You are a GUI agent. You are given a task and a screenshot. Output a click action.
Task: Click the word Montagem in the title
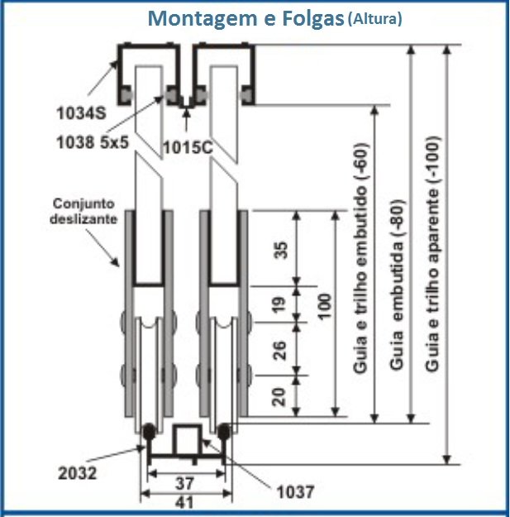[202, 19]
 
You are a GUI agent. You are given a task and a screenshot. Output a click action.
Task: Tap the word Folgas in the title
[313, 19]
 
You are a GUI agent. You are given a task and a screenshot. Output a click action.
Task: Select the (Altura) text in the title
[375, 19]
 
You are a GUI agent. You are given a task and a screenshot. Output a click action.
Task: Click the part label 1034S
[81, 113]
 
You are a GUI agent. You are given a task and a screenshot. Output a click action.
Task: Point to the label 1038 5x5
[93, 143]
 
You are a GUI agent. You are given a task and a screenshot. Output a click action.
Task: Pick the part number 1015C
[188, 147]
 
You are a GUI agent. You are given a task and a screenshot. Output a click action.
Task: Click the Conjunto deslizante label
[83, 211]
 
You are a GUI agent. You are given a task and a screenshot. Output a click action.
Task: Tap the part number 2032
[78, 473]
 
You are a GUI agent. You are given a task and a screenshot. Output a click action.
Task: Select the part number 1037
[295, 492]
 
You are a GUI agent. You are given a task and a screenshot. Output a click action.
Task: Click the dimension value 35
[281, 251]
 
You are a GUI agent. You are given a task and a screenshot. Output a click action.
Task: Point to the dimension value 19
[279, 304]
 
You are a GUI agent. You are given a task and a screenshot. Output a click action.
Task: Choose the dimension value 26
[279, 351]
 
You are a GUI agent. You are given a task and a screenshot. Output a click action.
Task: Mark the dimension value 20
[279, 397]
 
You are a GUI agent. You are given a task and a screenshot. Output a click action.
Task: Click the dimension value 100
[325, 306]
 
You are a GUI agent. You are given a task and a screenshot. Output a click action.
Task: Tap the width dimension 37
[184, 484]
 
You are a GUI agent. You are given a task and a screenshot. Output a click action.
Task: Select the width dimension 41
[184, 502]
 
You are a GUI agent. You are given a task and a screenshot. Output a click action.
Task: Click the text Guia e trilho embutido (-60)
[360, 258]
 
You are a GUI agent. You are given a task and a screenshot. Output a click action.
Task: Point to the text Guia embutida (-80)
[396, 285]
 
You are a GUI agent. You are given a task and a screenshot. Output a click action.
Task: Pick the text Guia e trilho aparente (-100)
[432, 254]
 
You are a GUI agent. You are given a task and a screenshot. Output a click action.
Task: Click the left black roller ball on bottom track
[149, 431]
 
